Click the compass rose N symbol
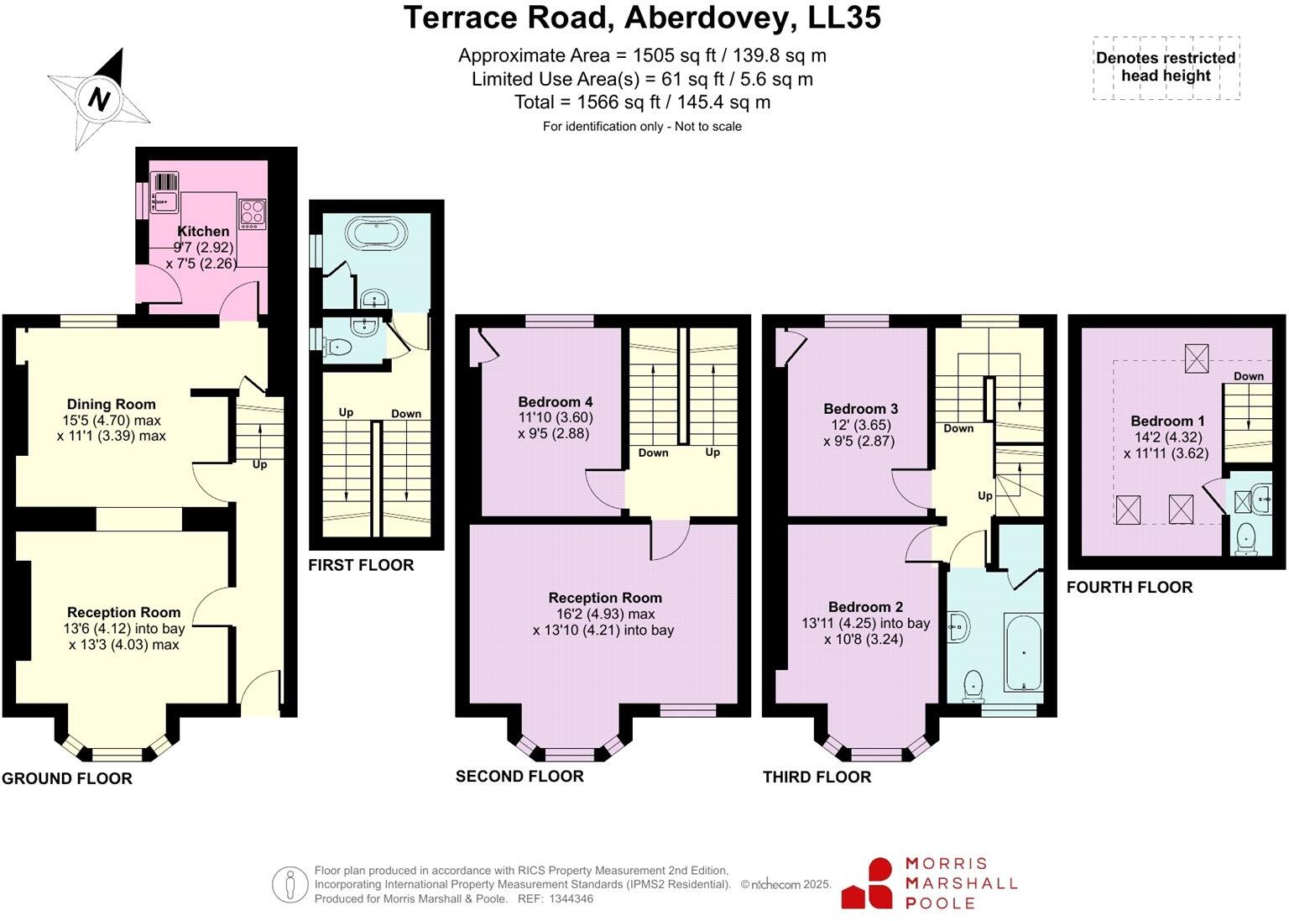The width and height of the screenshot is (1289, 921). click(100, 99)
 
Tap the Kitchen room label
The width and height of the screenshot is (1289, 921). click(203, 231)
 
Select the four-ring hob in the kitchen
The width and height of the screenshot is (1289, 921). click(253, 213)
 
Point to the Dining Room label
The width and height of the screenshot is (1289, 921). click(112, 404)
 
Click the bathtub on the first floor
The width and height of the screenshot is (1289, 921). click(376, 233)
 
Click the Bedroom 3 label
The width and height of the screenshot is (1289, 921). click(860, 409)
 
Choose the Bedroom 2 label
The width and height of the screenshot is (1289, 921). click(865, 607)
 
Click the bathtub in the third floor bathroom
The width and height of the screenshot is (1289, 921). click(1023, 652)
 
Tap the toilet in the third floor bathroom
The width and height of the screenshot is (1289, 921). click(973, 684)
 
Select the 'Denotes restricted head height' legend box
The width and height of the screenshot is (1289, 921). click(1166, 68)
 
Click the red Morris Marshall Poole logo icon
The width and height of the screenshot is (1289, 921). click(869, 883)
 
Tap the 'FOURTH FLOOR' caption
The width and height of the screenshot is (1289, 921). click(1129, 588)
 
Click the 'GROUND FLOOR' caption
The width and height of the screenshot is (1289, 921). click(67, 778)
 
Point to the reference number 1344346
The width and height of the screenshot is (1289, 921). click(571, 899)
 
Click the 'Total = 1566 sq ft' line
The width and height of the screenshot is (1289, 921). click(642, 102)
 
